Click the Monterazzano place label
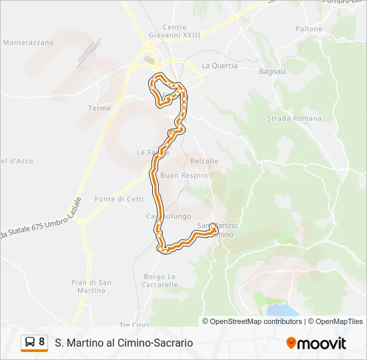(28, 42)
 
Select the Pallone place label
(309, 29)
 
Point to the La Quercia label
(219, 65)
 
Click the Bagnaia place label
(272, 71)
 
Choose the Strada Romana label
(294, 119)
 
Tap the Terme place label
(99, 108)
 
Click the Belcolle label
(204, 161)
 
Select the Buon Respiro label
(185, 175)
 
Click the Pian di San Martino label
(91, 286)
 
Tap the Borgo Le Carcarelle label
(160, 280)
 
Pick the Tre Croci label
(133, 325)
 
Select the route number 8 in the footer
(42, 342)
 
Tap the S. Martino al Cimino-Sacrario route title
(124, 343)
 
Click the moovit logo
(316, 343)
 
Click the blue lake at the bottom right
(281, 310)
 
